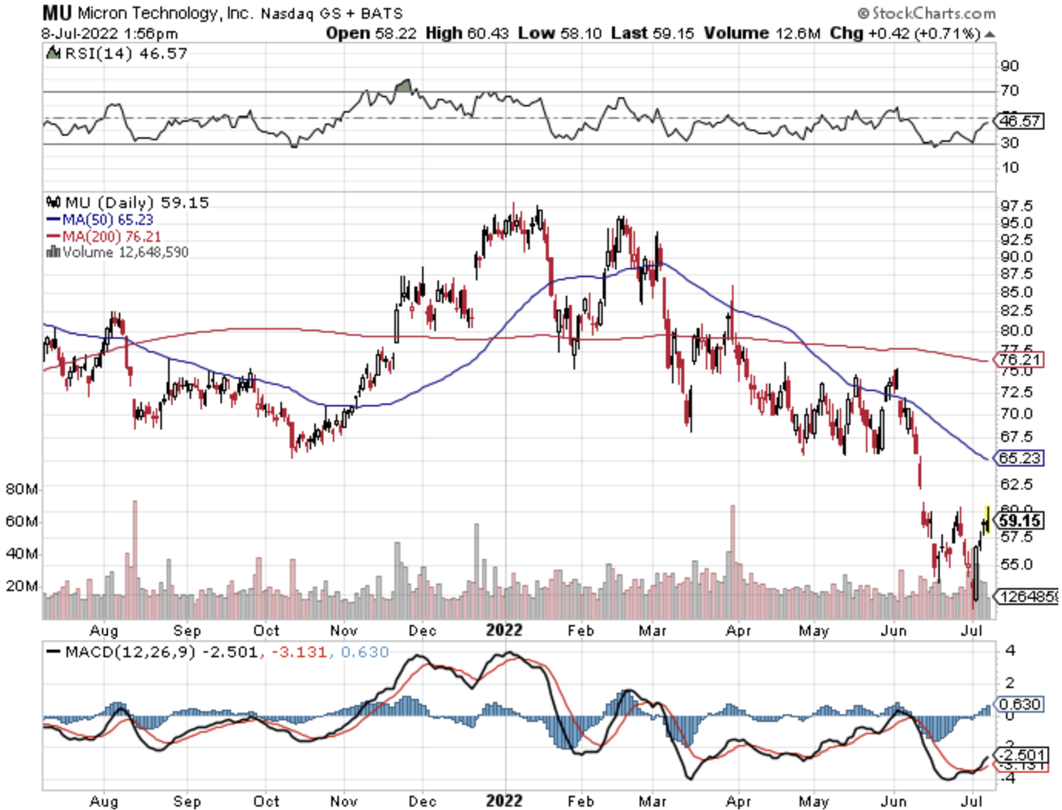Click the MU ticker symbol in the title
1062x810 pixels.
[x=57, y=12]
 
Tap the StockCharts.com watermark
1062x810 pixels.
[x=927, y=13]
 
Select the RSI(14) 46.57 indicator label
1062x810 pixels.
[x=125, y=53]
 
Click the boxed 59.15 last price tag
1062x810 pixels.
[x=1019, y=521]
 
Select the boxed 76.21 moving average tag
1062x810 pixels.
[x=1019, y=359]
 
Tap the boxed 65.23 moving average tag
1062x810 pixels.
[x=1019, y=457]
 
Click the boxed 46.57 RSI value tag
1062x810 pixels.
[x=1019, y=121]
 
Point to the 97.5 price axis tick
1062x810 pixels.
[x=1016, y=206]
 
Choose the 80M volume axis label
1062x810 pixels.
[x=22, y=489]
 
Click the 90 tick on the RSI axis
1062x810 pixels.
[x=1010, y=66]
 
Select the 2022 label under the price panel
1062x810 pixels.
[x=504, y=630]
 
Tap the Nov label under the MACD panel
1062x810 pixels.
[x=344, y=801]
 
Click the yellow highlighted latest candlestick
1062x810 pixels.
[x=987, y=519]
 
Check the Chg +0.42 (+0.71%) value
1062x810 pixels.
[x=905, y=33]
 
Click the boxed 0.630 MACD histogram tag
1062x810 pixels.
[x=1019, y=704]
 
